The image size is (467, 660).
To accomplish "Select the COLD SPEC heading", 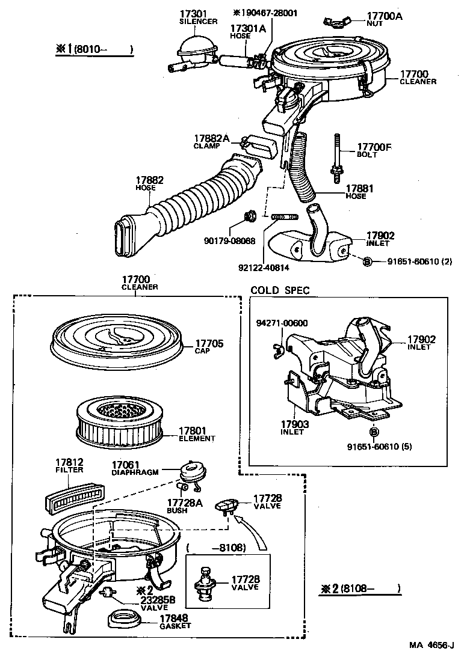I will pyautogui.click(x=280, y=290).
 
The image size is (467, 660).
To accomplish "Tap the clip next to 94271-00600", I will pyautogui.click(x=277, y=346).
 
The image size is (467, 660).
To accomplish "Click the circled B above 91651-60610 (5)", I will pyautogui.click(x=374, y=432).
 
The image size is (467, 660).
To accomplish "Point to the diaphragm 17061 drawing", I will pyautogui.click(x=193, y=472).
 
